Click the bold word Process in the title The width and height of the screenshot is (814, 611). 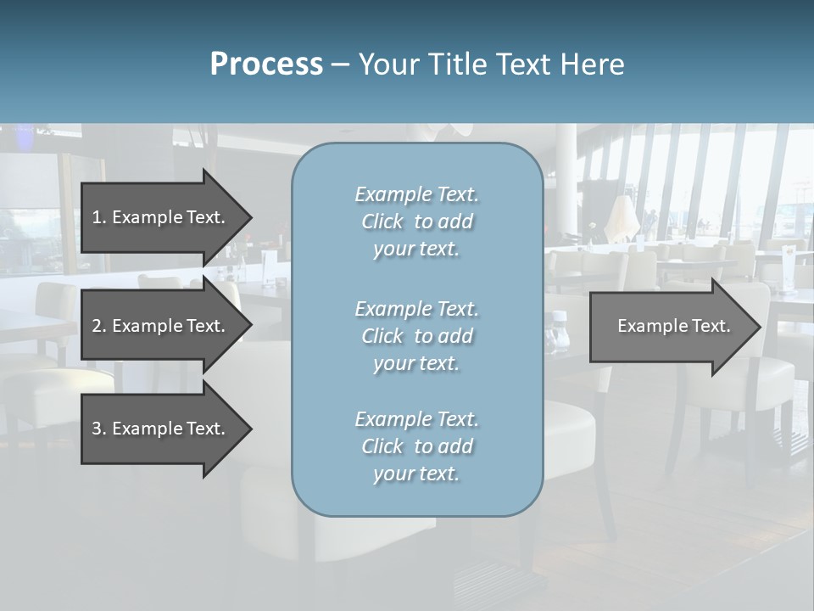pos(266,64)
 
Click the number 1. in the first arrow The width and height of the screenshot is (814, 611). pos(99,217)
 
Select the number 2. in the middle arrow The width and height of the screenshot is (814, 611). pos(99,326)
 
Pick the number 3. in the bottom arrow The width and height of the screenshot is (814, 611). pos(99,429)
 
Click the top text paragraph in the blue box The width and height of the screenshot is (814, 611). pos(416,221)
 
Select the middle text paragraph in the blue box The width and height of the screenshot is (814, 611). pos(416,336)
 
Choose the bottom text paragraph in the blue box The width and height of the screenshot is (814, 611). pos(416,446)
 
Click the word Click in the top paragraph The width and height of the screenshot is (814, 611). pos(382,221)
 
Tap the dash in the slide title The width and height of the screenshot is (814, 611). pos(340,64)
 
